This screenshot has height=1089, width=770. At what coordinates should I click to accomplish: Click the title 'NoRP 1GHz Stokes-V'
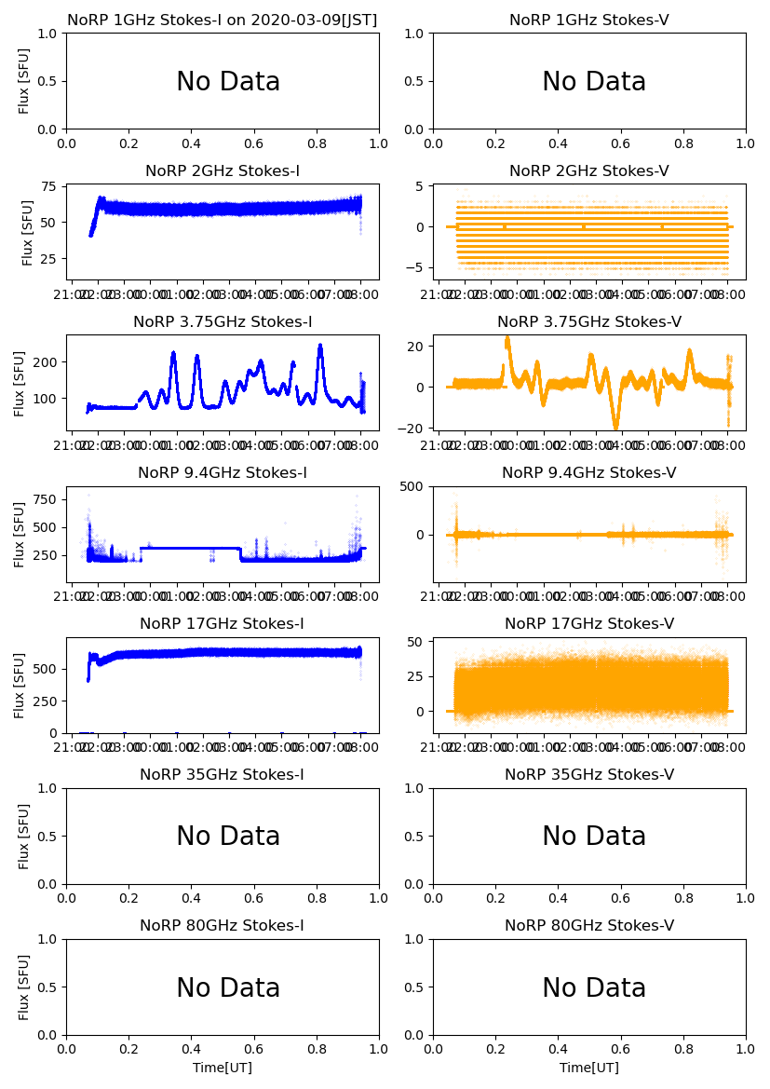coord(588,20)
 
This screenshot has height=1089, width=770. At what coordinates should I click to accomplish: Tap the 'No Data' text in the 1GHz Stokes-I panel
coord(228,82)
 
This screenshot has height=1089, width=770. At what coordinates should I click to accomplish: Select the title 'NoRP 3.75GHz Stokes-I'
coord(223,322)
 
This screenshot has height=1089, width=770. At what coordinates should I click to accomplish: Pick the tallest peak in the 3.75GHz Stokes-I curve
coord(320,347)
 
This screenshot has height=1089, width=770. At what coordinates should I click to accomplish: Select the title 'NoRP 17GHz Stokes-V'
coord(588,624)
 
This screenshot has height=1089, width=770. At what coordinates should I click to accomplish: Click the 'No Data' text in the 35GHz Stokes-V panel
coord(594,837)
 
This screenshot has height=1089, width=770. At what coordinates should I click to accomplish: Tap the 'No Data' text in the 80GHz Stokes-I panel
coord(228,987)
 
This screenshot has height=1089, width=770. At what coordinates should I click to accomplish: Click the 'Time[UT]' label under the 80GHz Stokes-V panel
coord(588,1068)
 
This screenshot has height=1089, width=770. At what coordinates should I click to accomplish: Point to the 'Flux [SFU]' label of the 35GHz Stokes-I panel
coord(25,836)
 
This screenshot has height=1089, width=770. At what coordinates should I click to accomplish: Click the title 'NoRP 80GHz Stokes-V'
coord(588,926)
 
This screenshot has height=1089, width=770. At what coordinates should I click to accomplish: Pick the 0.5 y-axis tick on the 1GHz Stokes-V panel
coord(416,81)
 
